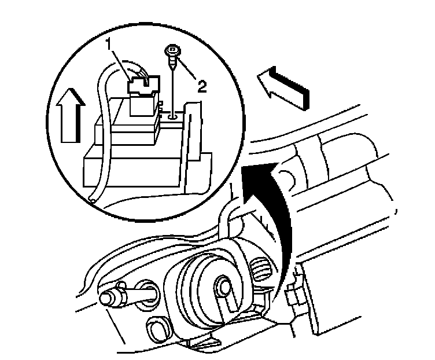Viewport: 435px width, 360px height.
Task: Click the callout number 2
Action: [201, 86]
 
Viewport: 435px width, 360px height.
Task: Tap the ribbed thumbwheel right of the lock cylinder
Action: [262, 271]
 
